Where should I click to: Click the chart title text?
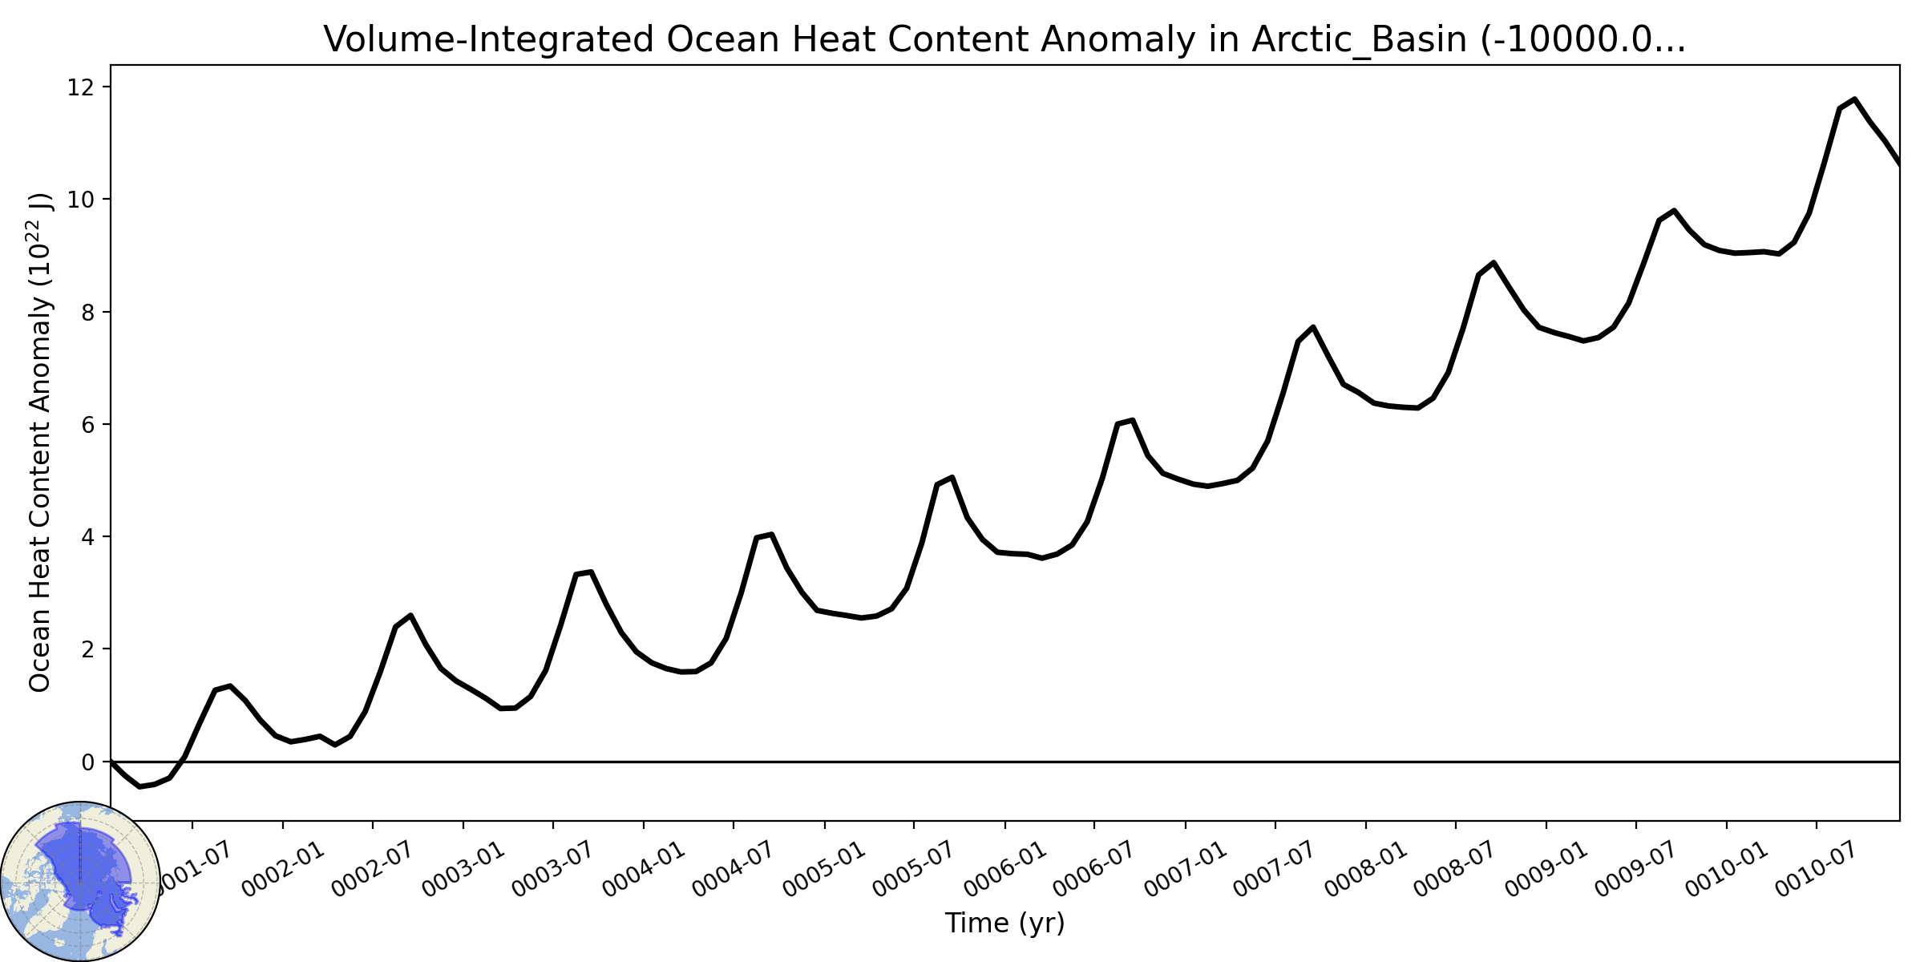(x=1004, y=40)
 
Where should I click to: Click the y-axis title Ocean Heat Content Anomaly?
(x=40, y=442)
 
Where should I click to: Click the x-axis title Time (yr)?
(x=1004, y=923)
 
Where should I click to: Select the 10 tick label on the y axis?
(x=79, y=200)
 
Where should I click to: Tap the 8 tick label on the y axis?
(x=87, y=312)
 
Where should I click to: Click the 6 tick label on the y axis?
(x=87, y=424)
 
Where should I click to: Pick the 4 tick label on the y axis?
(x=87, y=536)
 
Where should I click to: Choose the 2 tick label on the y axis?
(x=87, y=649)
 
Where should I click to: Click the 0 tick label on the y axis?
(x=87, y=762)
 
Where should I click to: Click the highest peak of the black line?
(x=1854, y=99)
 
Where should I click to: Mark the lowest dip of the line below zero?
(x=139, y=786)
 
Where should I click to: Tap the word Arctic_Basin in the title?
(x=1360, y=40)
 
